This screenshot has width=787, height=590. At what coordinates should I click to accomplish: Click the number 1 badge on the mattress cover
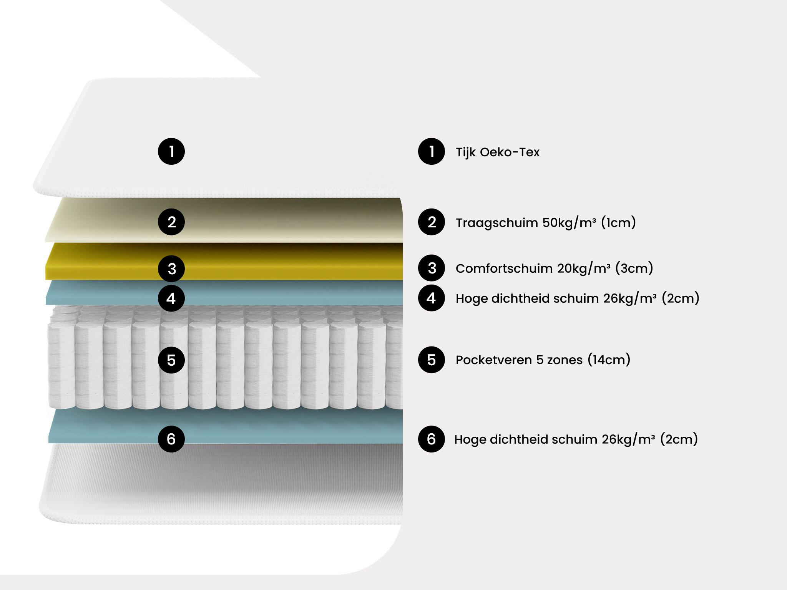171,151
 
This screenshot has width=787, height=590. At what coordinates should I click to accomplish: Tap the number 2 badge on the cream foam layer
171,222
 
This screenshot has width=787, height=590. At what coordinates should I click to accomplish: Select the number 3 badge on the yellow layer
171,268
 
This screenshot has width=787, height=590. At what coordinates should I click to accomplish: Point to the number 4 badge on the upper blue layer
171,298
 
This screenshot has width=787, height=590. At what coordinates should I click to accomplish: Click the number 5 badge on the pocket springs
171,360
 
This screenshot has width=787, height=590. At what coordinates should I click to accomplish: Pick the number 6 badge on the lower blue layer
171,439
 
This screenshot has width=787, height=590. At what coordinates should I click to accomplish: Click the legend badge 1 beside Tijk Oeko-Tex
432,151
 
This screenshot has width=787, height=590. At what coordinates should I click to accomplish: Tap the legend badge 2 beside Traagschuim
432,222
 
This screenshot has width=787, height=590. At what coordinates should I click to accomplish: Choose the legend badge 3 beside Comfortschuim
432,268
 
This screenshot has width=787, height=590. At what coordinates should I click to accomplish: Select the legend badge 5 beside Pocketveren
432,360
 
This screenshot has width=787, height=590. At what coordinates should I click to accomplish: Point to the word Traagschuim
497,223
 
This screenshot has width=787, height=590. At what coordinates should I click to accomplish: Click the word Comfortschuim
504,268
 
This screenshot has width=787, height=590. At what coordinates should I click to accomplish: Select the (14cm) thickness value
609,360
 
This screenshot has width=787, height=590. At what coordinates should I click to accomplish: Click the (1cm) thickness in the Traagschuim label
618,222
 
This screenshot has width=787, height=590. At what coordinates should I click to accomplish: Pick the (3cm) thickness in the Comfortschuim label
634,268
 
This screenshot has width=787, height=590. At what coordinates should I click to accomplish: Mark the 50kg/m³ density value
569,223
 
